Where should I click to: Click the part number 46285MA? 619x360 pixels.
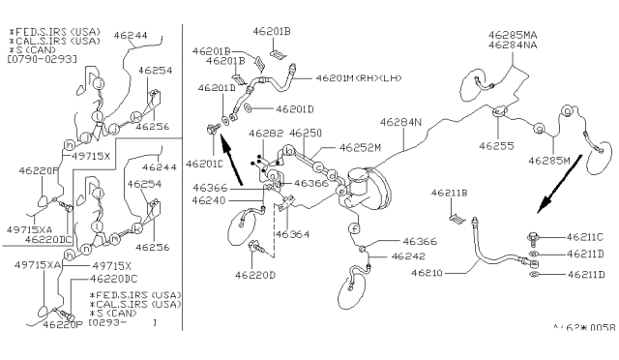tap(513, 35)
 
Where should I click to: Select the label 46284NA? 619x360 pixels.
tap(513, 45)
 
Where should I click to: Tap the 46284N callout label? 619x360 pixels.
tap(399, 123)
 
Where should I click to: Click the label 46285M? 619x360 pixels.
tap(548, 160)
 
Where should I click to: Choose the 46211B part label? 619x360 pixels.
tap(450, 194)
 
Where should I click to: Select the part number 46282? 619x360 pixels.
tap(264, 134)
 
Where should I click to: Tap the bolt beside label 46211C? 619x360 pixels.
tap(534, 235)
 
